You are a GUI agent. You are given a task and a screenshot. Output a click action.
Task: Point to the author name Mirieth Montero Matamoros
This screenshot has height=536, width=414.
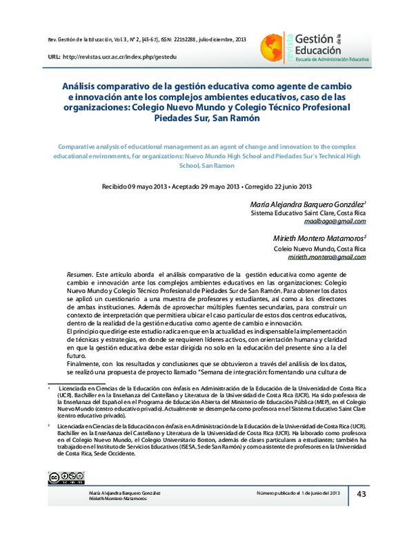click(319, 238)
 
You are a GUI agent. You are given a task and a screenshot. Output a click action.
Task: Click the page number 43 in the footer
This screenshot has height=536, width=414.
click(362, 493)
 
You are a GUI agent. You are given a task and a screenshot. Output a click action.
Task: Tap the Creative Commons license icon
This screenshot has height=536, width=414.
click(61, 477)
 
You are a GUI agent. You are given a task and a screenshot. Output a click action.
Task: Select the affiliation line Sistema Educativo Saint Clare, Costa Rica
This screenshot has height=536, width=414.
click(307, 214)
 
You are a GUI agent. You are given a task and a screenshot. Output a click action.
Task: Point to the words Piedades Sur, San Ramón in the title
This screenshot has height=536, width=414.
click(207, 118)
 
